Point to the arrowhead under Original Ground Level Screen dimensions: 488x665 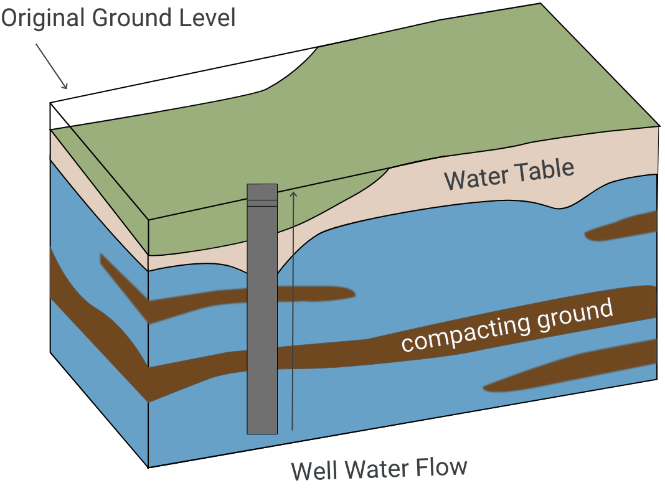pos(65,86)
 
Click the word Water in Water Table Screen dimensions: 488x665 pos(474,179)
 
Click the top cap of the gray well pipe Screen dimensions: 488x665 pos(262,190)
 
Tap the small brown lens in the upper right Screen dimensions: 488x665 pos(623,228)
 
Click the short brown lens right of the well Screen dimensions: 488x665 pos(318,294)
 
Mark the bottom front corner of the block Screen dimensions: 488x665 pos(148,466)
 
